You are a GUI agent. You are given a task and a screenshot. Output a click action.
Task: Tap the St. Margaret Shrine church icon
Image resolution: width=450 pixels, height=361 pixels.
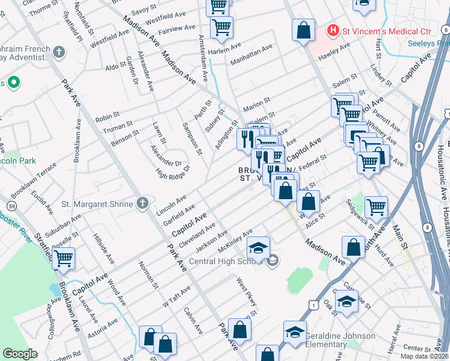[142, 204]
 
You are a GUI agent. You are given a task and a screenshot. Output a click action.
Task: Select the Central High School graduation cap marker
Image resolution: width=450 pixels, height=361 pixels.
[258, 250]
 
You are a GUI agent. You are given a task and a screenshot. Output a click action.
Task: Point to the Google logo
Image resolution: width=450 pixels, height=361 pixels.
[20, 354]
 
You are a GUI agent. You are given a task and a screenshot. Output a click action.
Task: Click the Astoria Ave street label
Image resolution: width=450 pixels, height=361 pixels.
[103, 328]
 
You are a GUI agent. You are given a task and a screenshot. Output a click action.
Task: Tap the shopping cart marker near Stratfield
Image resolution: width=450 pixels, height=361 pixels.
[64, 259]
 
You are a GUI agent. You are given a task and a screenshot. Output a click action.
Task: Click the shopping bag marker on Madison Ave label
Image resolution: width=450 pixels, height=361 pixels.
[354, 247]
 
